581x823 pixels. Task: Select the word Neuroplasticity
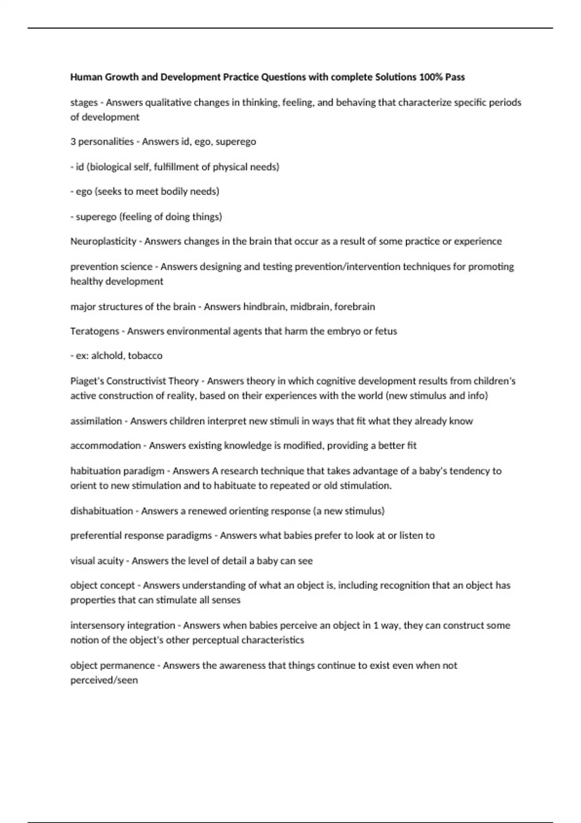[x=103, y=241]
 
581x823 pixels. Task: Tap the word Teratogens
[x=94, y=331]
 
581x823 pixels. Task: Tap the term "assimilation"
[x=96, y=421]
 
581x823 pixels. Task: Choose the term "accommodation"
[x=105, y=445]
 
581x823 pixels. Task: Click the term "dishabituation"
[x=101, y=511]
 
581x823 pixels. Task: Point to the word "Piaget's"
[x=87, y=381]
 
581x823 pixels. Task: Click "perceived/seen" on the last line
[x=104, y=680]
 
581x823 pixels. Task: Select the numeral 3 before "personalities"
[x=73, y=141]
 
